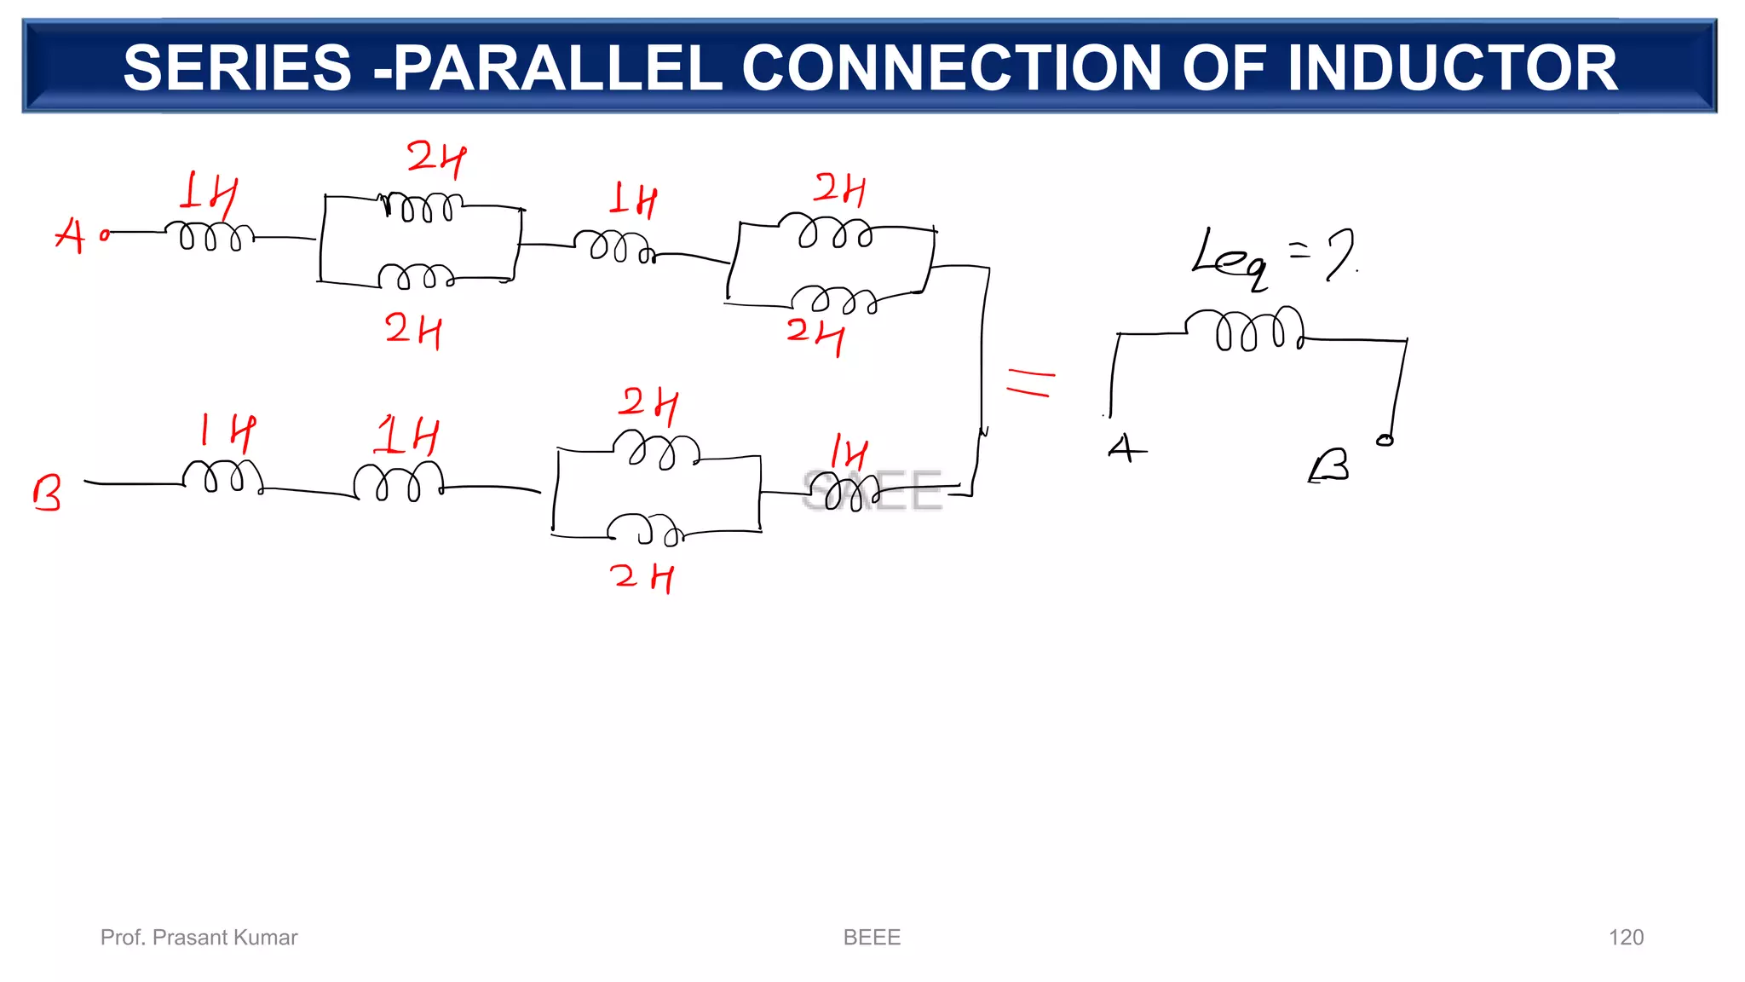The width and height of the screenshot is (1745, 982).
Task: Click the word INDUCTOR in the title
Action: (x=1452, y=68)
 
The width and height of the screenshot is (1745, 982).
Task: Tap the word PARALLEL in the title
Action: (x=558, y=68)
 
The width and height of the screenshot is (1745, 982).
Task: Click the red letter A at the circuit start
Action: (x=70, y=235)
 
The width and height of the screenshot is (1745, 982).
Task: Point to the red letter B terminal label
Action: (x=47, y=493)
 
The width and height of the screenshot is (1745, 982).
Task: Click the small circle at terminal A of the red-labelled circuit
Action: (x=105, y=235)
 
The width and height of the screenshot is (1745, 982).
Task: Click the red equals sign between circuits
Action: (x=1030, y=381)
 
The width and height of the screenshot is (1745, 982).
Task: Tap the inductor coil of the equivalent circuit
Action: (x=1245, y=329)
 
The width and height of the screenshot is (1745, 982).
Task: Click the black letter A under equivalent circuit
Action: (x=1126, y=448)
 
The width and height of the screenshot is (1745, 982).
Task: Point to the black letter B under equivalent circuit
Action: (x=1329, y=466)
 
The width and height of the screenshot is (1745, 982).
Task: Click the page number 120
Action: (x=1626, y=938)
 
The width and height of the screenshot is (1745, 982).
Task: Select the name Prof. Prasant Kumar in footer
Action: (x=199, y=938)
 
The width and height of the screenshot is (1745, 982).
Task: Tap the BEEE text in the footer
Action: (x=872, y=938)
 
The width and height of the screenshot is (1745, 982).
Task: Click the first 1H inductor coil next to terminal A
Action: (x=210, y=236)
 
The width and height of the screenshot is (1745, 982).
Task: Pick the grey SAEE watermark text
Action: (x=872, y=491)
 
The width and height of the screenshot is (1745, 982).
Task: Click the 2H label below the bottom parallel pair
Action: (x=642, y=577)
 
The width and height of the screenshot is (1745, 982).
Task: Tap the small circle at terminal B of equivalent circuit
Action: (x=1385, y=440)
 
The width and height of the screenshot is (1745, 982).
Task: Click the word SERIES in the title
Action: (x=237, y=68)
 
